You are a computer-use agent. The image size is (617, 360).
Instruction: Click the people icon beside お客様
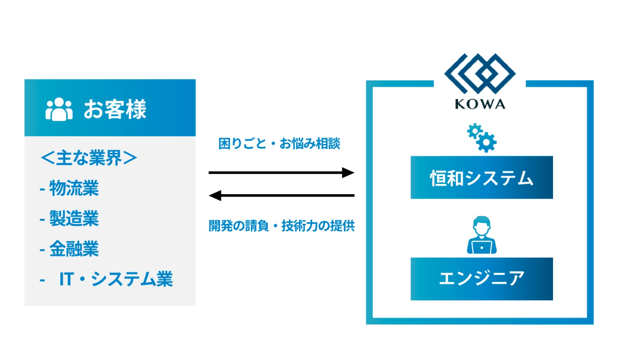click(59, 109)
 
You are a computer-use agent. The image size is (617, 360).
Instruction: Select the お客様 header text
click(115, 109)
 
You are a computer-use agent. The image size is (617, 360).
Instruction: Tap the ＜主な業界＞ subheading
click(89, 158)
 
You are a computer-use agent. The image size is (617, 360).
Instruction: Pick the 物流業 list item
click(74, 188)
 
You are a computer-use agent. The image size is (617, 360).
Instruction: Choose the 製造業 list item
click(74, 218)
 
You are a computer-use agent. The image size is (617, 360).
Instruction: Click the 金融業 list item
click(74, 249)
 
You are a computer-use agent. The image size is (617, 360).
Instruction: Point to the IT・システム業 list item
click(116, 279)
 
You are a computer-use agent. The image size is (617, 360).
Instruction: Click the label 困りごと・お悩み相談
click(279, 143)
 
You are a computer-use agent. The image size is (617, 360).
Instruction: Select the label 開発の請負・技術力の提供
click(282, 226)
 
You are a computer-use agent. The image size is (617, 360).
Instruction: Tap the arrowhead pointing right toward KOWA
click(348, 173)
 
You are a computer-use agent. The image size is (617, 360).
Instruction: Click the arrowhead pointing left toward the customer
click(215, 195)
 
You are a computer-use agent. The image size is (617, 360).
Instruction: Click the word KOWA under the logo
click(480, 104)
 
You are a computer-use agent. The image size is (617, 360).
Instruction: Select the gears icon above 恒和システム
click(481, 137)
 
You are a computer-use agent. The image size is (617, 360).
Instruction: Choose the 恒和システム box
click(481, 177)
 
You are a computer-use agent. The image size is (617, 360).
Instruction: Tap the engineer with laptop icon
click(481, 235)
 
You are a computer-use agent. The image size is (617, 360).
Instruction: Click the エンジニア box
click(481, 279)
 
